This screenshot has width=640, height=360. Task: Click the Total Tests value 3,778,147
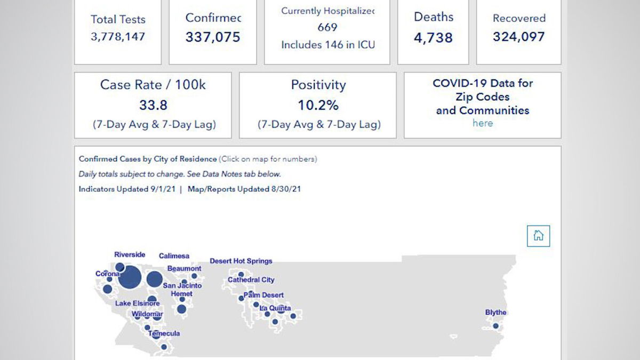pos(117,37)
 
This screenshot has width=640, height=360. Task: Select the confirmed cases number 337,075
pos(213,37)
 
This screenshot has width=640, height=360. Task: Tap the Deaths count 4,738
pos(433,38)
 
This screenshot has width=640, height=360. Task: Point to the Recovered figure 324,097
pos(518,37)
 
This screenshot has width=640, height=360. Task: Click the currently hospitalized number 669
pos(327,28)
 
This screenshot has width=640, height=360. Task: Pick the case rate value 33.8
pos(153,105)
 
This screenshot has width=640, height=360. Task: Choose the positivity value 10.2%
pos(318,105)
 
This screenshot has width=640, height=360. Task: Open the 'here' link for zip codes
pos(482,123)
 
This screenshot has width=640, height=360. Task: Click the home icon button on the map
pos(538,236)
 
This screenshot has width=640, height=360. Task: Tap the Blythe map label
pos(495,313)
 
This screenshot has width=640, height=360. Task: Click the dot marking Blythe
pos(495,326)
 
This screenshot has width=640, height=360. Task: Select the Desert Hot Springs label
pos(241,261)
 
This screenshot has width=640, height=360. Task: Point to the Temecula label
pos(164,334)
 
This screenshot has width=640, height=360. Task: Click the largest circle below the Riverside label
pos(130,278)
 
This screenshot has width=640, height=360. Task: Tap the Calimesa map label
pos(174,256)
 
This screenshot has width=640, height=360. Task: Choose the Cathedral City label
pos(251,280)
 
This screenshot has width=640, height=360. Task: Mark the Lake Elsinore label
pos(137,304)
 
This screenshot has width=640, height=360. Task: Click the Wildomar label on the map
pos(147,314)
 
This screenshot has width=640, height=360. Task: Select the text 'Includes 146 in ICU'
pos(327,45)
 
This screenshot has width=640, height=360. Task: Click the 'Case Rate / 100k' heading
pos(153,85)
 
